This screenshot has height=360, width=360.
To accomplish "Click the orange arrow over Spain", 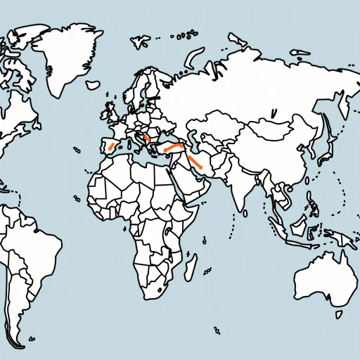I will point(110,147).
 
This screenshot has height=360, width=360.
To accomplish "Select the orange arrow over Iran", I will point(196,164).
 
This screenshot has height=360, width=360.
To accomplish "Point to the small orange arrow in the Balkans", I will point(146,139).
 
